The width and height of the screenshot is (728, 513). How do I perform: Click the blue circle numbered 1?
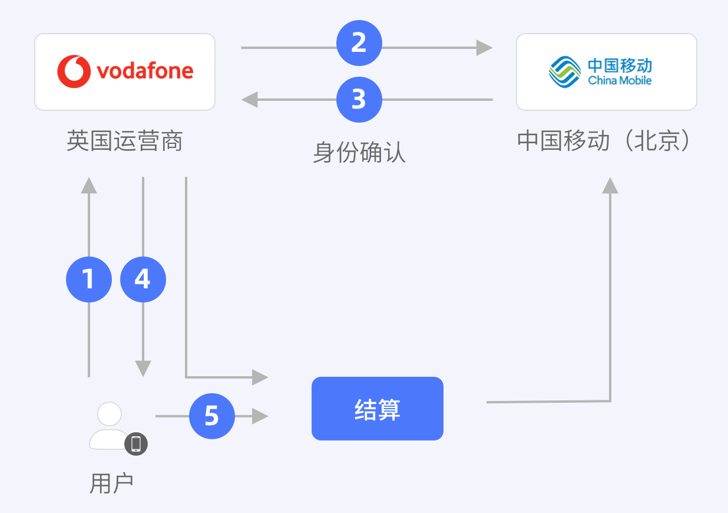89,279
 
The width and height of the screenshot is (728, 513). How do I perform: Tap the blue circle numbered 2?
359,43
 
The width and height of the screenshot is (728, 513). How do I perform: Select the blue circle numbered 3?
359,100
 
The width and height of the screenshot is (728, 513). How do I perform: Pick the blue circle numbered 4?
143,279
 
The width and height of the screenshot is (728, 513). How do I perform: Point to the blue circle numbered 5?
212,416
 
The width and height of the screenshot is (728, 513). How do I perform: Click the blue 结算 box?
377,409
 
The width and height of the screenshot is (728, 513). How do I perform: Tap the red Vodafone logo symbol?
74,71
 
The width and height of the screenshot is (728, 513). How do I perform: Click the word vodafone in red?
145,71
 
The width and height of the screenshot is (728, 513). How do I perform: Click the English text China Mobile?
620,80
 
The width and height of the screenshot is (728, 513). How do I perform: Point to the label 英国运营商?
125,142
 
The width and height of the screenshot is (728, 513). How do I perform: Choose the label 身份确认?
359,152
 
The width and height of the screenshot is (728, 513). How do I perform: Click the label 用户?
111,484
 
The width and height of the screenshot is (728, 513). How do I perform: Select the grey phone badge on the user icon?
136,443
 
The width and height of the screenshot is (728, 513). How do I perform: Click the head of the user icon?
110,414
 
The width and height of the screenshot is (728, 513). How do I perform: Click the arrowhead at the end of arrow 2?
485,48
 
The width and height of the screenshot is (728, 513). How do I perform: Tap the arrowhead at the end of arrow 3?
250,100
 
